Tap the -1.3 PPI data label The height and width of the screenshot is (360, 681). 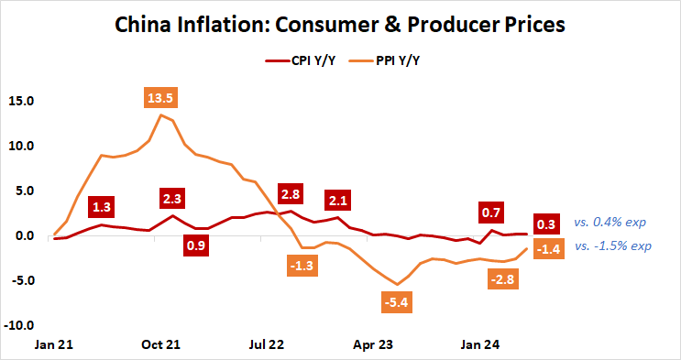coord(299,266)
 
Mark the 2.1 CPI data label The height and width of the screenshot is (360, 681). coord(337,201)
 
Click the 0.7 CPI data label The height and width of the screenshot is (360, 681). coord(491,213)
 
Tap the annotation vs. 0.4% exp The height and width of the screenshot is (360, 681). coord(611,223)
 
